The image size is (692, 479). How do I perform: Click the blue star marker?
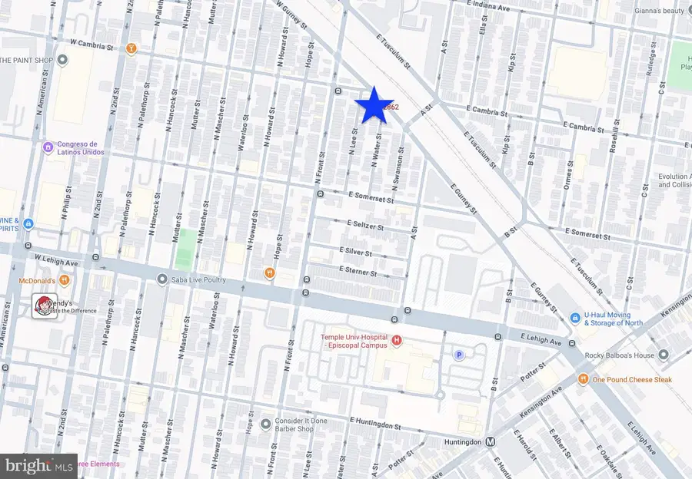click(x=373, y=105)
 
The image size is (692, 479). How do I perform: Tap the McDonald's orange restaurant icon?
click(x=65, y=280)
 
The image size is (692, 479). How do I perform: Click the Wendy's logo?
click(x=43, y=306)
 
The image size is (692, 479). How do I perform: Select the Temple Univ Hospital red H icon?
click(x=396, y=340)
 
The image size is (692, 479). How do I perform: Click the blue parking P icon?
click(x=459, y=355)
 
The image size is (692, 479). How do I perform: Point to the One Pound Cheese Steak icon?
click(x=584, y=378)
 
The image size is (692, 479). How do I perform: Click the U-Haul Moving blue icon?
click(x=574, y=318)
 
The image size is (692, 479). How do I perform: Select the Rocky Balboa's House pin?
click(x=664, y=355)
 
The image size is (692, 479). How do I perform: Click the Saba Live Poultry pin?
click(x=161, y=279)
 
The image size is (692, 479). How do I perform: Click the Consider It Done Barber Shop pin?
click(x=265, y=423)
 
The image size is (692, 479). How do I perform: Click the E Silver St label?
click(x=356, y=253)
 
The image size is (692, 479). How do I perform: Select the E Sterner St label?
click(x=358, y=273)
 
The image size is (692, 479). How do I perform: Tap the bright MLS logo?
click(x=39, y=464)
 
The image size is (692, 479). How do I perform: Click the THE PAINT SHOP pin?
click(x=62, y=60)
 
